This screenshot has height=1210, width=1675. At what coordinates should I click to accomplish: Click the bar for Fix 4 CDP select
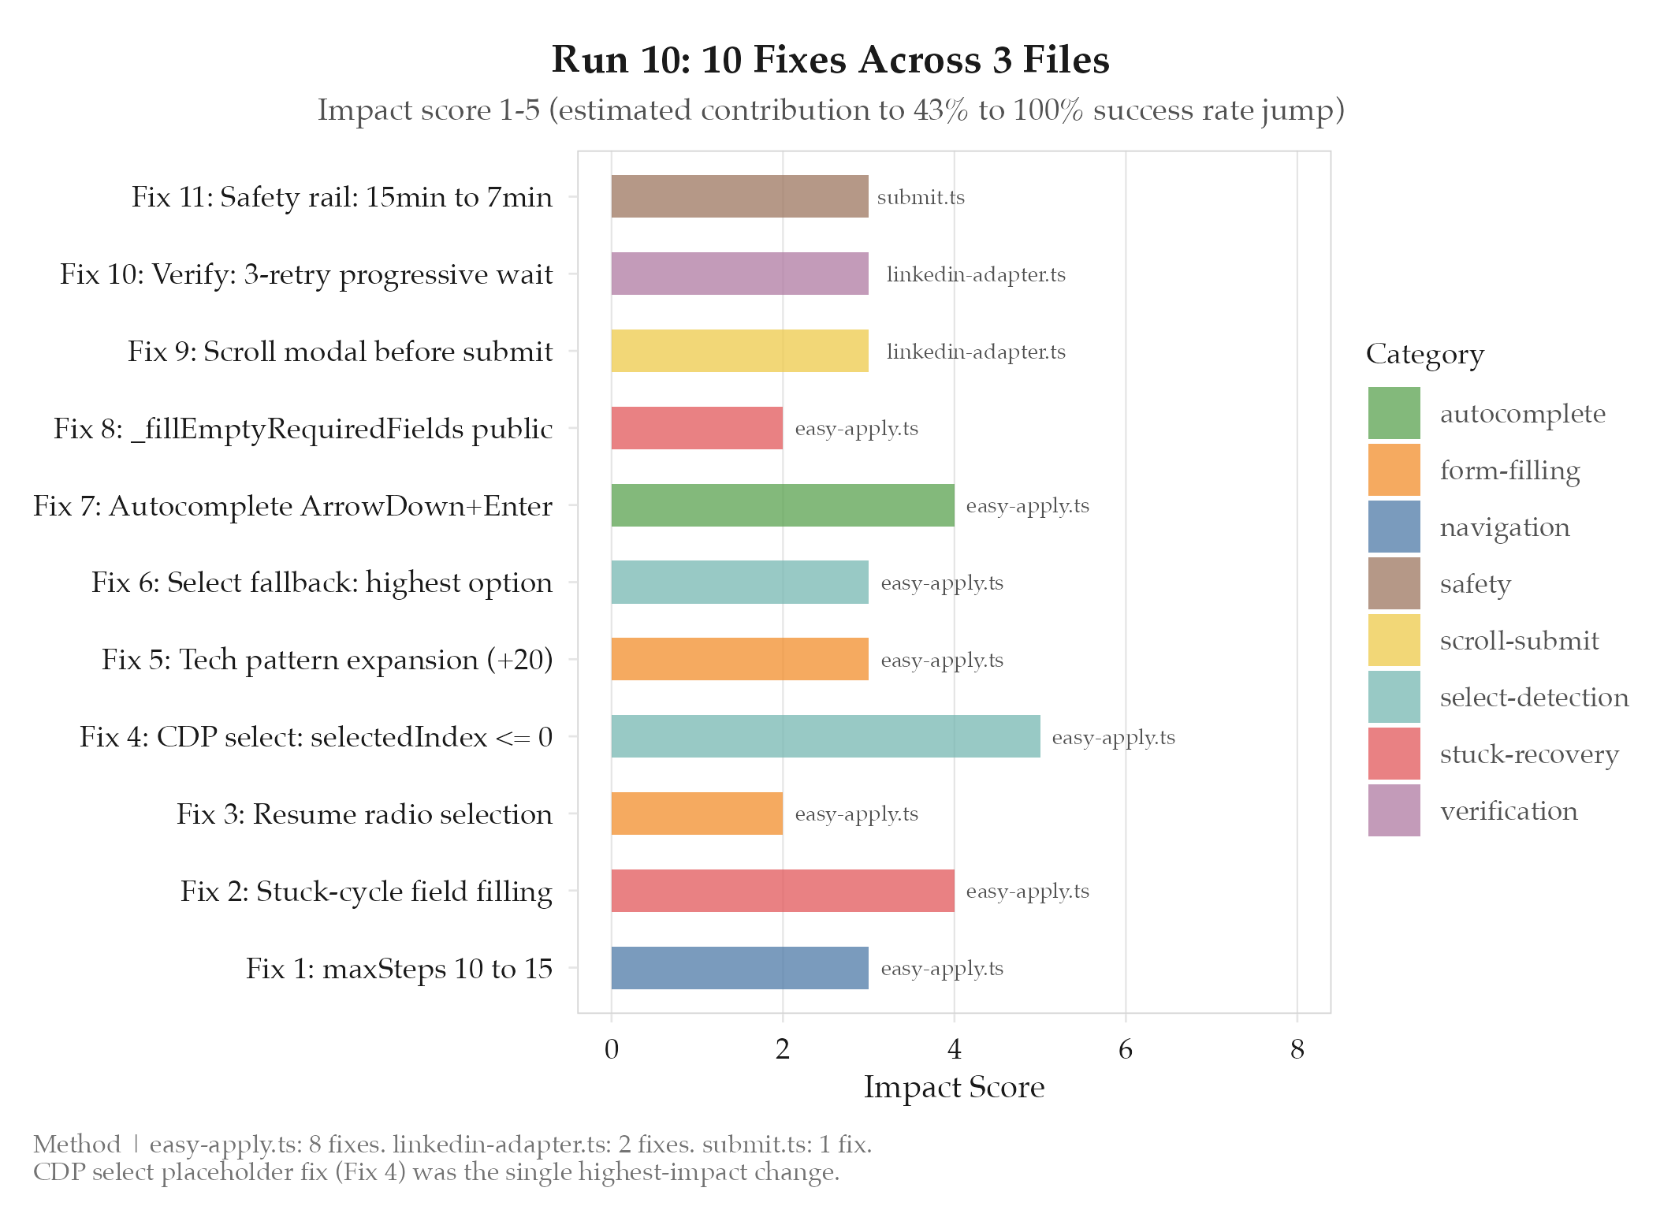click(x=825, y=736)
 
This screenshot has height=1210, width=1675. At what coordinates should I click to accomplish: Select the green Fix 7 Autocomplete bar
click(x=782, y=505)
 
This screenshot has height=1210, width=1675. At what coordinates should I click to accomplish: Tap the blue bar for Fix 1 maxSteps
click(x=739, y=968)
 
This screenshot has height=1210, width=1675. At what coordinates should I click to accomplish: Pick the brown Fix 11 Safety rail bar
click(x=739, y=196)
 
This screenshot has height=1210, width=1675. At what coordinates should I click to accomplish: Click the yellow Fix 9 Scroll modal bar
click(x=739, y=351)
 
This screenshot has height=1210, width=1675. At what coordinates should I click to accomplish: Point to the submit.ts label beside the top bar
click(x=921, y=197)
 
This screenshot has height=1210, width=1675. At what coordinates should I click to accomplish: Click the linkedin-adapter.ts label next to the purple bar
click(x=976, y=274)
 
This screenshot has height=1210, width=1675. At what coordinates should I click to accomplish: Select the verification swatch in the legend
click(x=1394, y=810)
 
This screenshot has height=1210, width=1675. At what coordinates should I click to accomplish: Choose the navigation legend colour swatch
click(x=1394, y=527)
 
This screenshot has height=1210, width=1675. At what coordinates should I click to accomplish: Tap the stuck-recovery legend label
click(x=1529, y=754)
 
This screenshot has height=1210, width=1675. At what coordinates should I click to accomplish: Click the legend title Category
click(x=1424, y=354)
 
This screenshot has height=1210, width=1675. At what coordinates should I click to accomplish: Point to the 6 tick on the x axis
click(x=1125, y=1049)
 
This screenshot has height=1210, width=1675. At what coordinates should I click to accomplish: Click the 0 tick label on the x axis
click(x=611, y=1049)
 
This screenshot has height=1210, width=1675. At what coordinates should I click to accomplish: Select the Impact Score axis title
click(x=954, y=1087)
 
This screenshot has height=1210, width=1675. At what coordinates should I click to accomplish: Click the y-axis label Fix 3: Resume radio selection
click(x=364, y=813)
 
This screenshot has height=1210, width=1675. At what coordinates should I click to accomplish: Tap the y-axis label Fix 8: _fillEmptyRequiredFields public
click(x=303, y=428)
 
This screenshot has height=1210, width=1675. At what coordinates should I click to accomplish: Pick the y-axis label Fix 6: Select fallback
click(x=322, y=583)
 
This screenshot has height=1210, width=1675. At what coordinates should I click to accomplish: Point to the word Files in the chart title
click(x=1066, y=60)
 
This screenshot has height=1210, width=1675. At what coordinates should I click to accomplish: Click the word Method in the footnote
click(x=77, y=1144)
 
